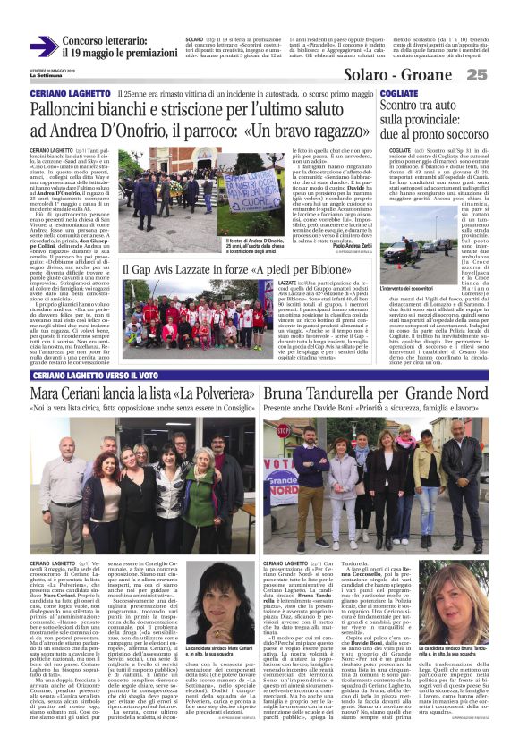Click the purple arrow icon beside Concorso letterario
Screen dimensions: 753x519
pos(43,47)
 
